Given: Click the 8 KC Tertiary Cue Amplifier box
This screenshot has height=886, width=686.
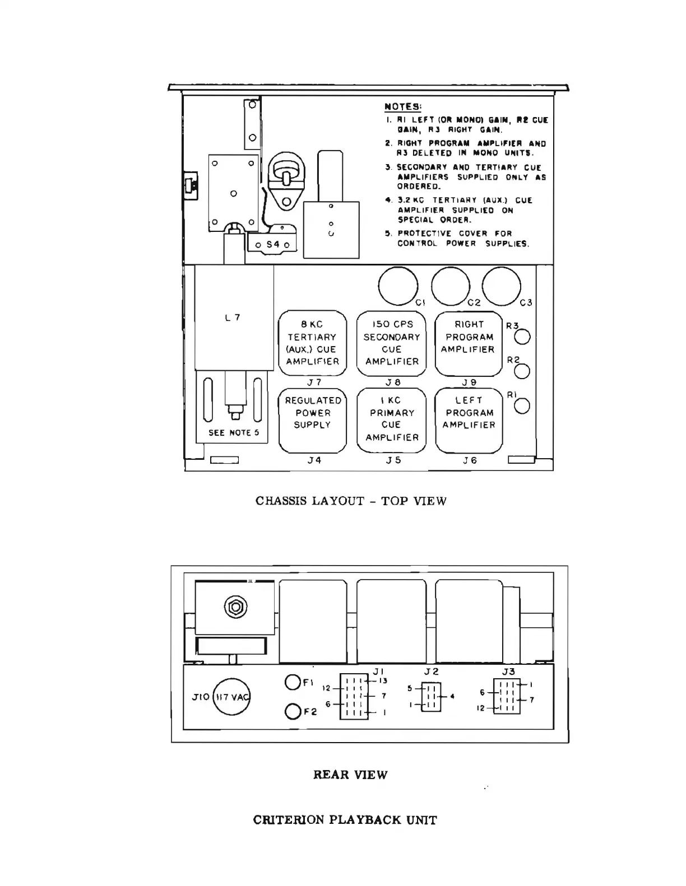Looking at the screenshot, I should [x=313, y=343].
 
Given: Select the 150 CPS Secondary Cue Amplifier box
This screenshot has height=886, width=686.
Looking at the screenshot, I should [x=392, y=343].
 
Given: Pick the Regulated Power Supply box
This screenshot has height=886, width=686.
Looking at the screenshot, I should [x=313, y=420].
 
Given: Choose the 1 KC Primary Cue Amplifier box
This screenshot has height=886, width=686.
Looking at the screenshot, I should [x=392, y=420].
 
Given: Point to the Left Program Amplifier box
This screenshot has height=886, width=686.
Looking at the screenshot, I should [x=469, y=420].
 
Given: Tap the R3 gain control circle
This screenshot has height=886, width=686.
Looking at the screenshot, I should [x=522, y=337].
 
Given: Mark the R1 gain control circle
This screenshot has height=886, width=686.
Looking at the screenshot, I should [x=522, y=406].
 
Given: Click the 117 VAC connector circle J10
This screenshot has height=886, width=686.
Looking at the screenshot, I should [x=231, y=697].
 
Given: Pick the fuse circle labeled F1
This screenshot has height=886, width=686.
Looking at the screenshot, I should [x=293, y=683].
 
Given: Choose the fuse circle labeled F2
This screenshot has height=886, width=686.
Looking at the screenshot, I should [x=293, y=711].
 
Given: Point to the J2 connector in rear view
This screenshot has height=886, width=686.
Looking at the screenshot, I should [x=430, y=697].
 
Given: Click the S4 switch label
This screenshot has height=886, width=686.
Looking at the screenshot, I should [x=273, y=244].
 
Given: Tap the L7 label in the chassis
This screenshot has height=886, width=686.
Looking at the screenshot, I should [x=233, y=318].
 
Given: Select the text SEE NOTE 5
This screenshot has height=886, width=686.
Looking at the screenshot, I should [x=234, y=432].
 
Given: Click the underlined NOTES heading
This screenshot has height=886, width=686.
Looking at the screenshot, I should [x=403, y=106].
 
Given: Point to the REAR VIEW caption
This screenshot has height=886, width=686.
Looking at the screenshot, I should [x=350, y=775].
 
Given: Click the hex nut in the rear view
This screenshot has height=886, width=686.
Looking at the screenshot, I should [x=235, y=606].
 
